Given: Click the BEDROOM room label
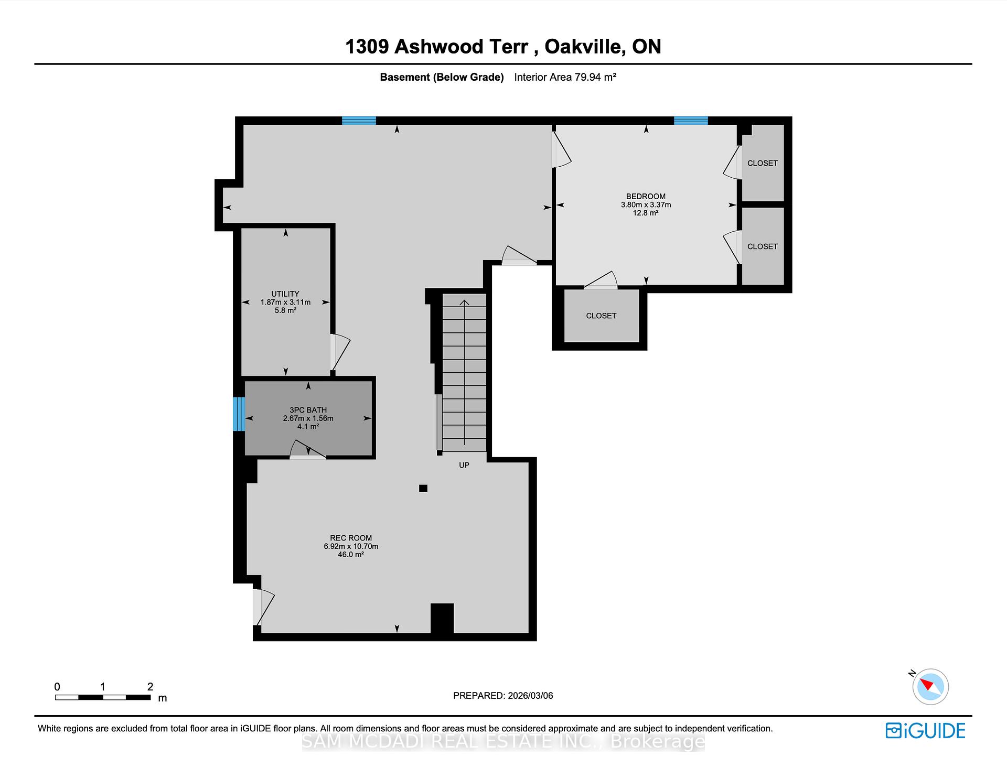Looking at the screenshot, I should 646,197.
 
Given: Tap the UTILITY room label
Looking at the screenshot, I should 285,294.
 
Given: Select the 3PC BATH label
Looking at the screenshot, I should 308,410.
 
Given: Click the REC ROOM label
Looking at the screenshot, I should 351,538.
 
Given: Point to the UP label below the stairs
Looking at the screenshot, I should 464,465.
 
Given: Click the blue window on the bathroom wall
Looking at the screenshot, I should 239,414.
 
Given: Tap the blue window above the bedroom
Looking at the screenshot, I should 690,121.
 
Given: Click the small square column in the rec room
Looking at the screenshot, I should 423,488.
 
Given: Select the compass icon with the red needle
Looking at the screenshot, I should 930,686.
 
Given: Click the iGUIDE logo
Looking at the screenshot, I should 925,730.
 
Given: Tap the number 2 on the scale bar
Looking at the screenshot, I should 151,687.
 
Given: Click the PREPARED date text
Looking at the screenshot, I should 503,696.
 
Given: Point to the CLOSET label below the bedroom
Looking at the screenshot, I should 601,316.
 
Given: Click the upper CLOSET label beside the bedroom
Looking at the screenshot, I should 762,163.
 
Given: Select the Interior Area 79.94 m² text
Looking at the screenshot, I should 565,77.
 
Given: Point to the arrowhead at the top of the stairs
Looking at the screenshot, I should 464,302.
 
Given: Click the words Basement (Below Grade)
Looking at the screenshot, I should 442,77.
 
